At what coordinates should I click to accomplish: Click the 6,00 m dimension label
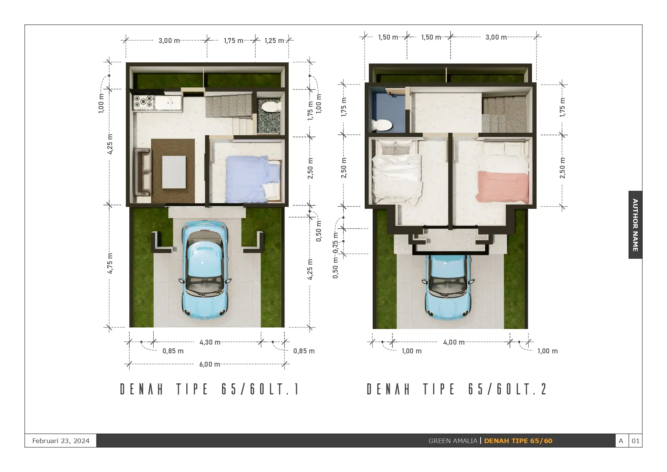210,364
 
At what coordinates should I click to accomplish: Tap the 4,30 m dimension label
210,342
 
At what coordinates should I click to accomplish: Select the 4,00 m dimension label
454,342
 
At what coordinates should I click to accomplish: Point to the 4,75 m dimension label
110,263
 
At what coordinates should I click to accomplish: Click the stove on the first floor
143,102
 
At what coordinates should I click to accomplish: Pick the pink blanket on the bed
503,187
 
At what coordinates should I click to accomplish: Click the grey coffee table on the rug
174,172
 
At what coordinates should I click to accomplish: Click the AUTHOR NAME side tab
635,225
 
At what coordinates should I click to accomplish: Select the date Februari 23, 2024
61,441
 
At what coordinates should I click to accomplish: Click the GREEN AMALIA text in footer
453,441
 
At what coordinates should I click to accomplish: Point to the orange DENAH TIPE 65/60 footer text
518,441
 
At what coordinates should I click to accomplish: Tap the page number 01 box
635,441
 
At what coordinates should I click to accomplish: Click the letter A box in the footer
621,441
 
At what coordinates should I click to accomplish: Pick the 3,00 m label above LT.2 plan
496,37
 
